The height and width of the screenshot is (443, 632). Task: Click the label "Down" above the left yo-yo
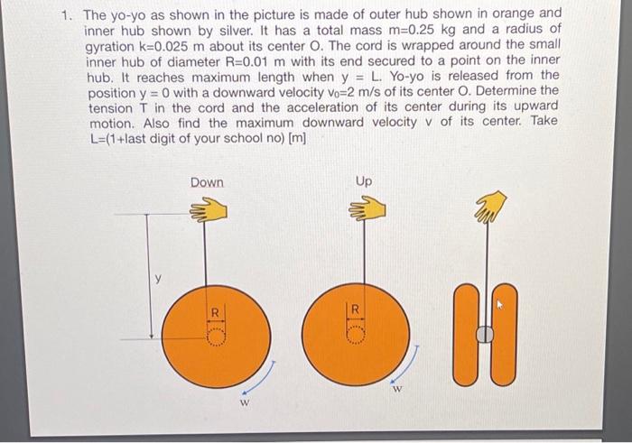[207, 182]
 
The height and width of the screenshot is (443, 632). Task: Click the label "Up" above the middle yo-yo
[363, 181]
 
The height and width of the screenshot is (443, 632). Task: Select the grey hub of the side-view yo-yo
[485, 335]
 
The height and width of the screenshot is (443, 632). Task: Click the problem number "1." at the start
[67, 15]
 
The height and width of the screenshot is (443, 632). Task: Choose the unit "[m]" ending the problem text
[293, 137]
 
